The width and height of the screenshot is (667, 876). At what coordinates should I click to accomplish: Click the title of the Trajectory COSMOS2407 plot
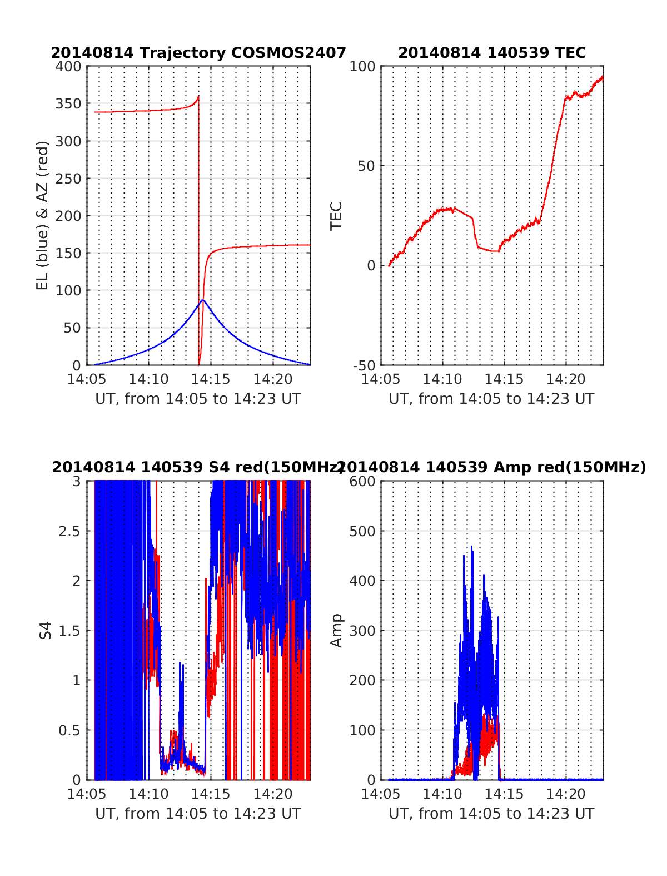click(x=198, y=53)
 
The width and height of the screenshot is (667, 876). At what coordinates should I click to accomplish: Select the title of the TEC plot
click(x=492, y=53)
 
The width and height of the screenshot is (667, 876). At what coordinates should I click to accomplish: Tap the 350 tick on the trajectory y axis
click(x=68, y=103)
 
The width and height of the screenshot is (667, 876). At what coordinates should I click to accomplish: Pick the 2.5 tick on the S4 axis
click(x=69, y=531)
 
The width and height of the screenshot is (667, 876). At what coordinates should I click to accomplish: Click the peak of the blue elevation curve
click(x=203, y=300)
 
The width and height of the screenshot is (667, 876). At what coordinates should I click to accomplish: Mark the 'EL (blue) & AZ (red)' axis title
click(x=42, y=215)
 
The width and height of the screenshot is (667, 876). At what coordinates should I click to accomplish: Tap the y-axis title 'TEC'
click(x=336, y=216)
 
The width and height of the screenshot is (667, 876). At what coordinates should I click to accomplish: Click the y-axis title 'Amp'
click(x=336, y=631)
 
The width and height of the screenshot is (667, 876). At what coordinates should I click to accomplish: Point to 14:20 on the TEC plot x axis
click(x=566, y=379)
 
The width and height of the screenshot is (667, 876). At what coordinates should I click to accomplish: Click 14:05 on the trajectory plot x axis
click(x=87, y=379)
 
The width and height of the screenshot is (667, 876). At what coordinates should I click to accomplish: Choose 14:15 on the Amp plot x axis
click(x=504, y=794)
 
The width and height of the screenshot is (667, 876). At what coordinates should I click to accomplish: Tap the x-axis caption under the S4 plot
click(x=198, y=814)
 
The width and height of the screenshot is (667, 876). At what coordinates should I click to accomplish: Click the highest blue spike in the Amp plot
click(x=472, y=547)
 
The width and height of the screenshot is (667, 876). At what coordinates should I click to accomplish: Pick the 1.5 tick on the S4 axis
click(x=69, y=631)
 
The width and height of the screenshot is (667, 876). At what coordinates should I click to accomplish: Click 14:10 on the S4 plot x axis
click(x=148, y=794)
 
